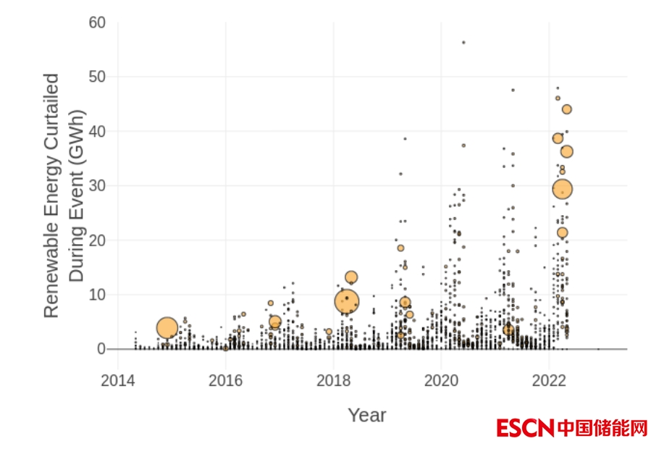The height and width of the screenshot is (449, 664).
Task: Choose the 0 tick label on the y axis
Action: [101, 349]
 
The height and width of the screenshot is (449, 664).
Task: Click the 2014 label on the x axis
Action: [117, 380]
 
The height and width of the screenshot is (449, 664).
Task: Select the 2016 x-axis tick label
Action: [225, 380]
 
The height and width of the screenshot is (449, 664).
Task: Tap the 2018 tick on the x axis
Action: [333, 380]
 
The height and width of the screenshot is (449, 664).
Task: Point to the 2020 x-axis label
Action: [441, 380]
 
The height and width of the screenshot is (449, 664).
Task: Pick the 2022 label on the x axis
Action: [549, 380]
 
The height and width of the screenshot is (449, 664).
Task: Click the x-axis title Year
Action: [366, 415]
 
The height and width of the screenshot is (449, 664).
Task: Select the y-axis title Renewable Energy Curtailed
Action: [51, 196]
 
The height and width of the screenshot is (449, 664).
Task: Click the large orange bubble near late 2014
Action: [167, 328]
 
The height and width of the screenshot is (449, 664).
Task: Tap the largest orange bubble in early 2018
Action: [347, 301]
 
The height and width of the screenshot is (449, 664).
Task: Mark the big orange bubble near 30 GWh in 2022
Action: [563, 189]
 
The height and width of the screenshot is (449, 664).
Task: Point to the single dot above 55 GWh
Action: [463, 42]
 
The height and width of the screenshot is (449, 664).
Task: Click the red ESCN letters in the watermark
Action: [525, 428]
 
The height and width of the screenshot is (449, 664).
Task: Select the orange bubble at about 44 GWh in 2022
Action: [567, 109]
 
